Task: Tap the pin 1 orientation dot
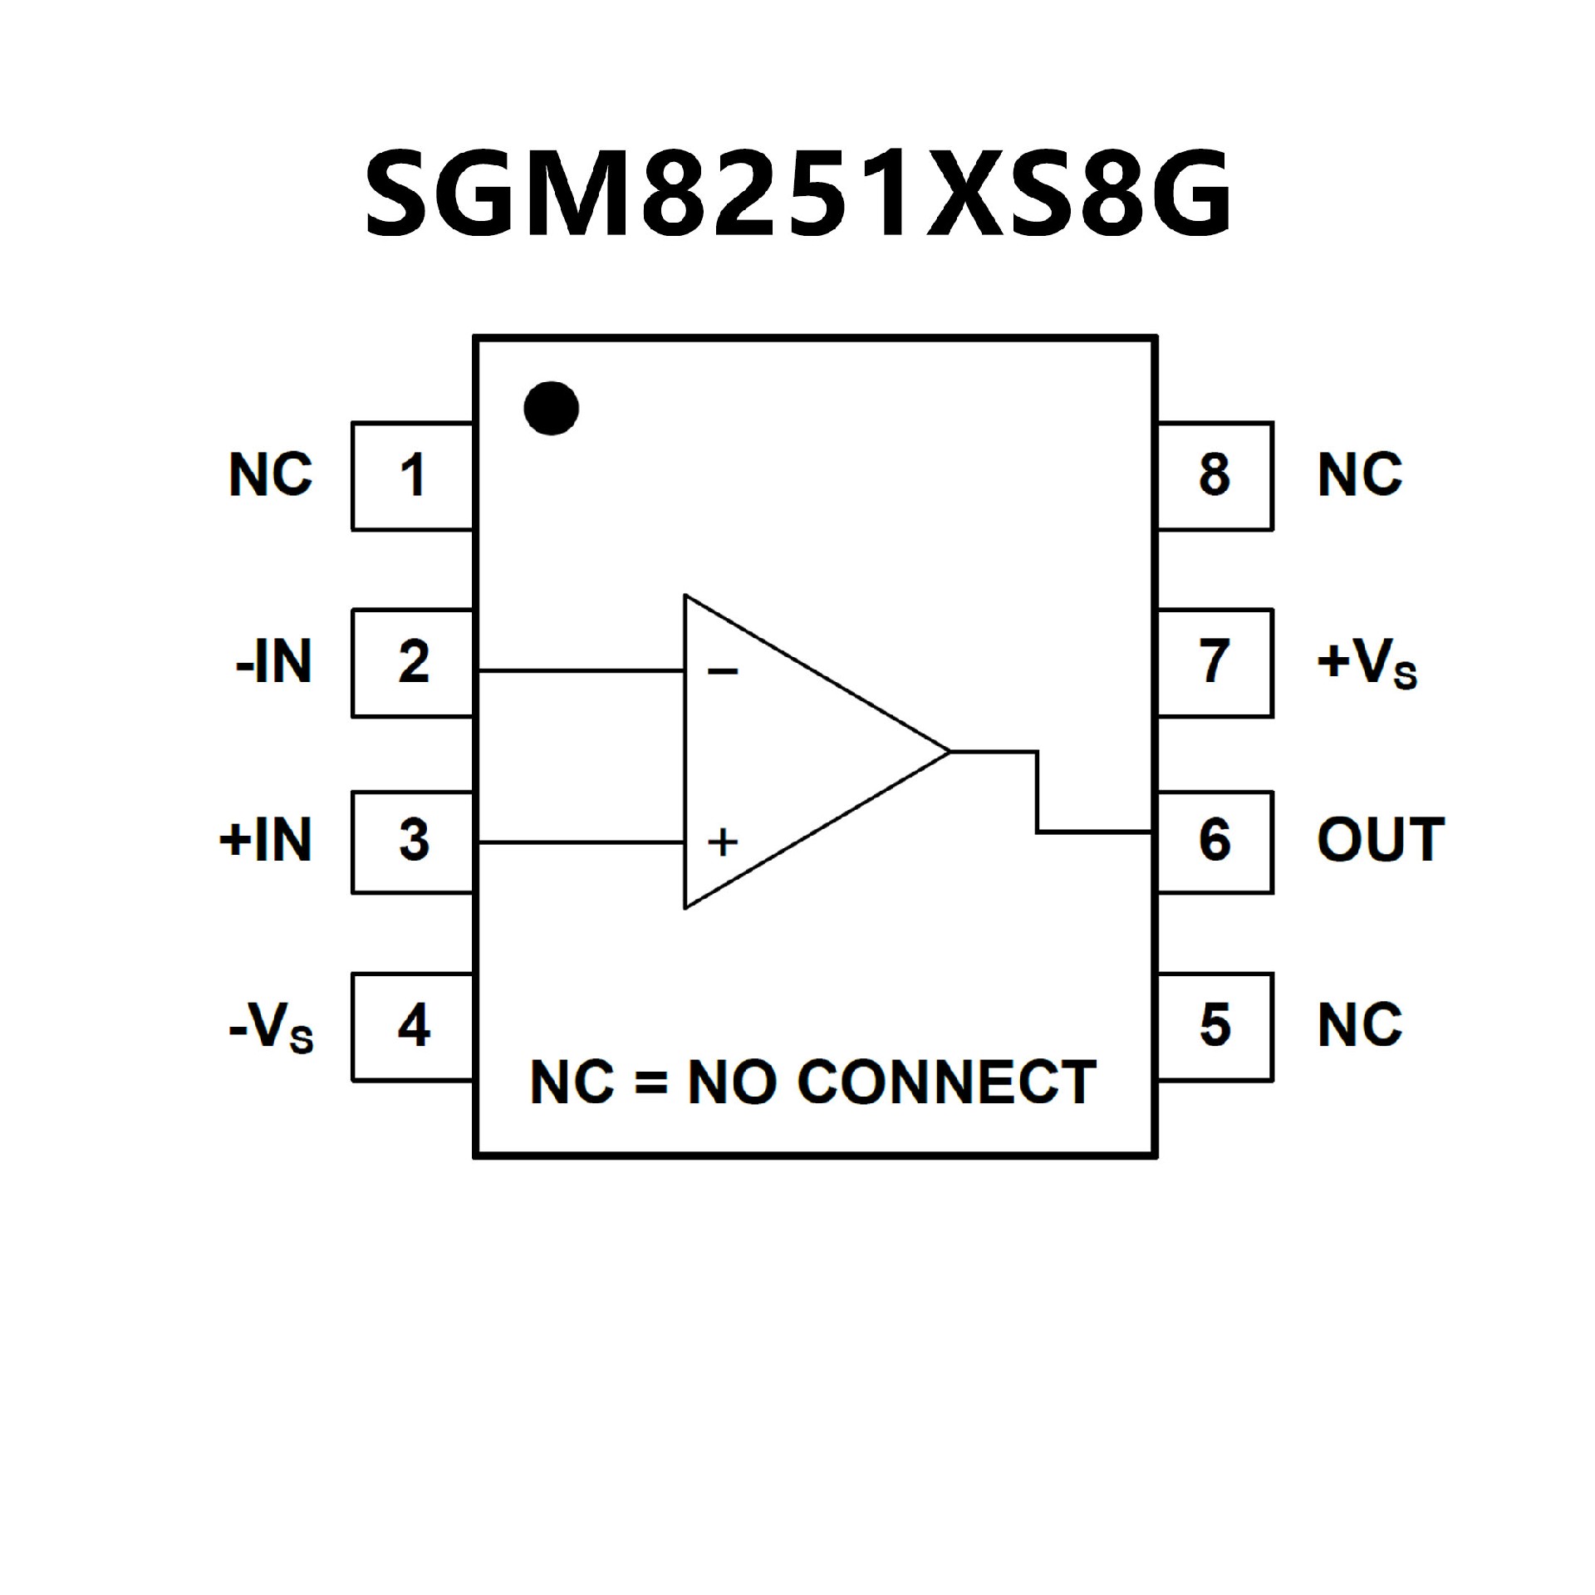click(x=552, y=408)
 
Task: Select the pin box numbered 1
click(x=413, y=476)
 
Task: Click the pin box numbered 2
click(x=413, y=662)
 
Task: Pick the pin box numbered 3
click(x=413, y=842)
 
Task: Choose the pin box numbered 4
click(x=413, y=1027)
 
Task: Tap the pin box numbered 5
click(x=1215, y=1027)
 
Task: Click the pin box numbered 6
click(x=1215, y=842)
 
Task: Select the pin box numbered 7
click(x=1215, y=662)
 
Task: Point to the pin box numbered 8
click(x=1215, y=476)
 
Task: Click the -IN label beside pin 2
click(x=274, y=663)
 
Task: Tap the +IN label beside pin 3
click(x=266, y=841)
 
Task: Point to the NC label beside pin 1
click(x=271, y=476)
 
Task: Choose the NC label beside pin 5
click(x=1360, y=1027)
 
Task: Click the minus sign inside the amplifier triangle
click(x=723, y=671)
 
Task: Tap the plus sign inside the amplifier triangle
click(x=723, y=842)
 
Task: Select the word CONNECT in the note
click(x=946, y=1083)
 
